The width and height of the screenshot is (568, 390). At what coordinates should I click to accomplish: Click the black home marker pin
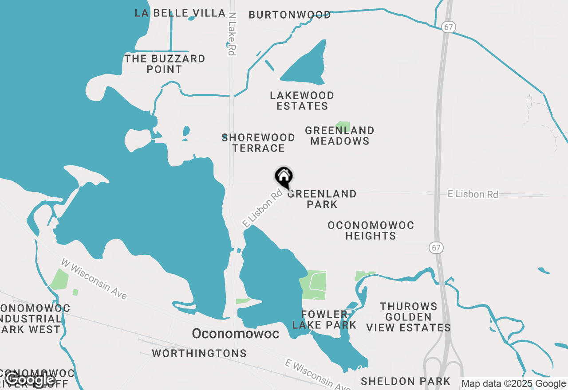(x=284, y=177)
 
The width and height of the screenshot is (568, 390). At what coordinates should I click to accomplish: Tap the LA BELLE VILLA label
(x=180, y=13)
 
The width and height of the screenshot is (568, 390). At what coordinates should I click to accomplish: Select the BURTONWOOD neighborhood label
(x=289, y=15)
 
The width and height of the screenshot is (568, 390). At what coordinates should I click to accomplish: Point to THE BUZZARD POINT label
(x=165, y=64)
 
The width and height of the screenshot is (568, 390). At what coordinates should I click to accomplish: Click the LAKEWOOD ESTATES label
(x=302, y=101)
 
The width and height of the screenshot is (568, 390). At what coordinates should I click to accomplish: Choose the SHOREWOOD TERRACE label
(x=258, y=143)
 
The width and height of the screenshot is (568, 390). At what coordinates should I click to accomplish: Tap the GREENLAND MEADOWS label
(x=339, y=136)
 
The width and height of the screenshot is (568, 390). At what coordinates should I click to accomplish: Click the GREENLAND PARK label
(x=322, y=199)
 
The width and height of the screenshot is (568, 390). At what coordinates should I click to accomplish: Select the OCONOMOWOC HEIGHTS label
(x=371, y=230)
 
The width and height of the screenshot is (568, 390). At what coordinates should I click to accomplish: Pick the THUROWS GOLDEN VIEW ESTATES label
(x=408, y=317)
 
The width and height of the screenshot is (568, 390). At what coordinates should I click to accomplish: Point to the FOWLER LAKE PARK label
(x=324, y=320)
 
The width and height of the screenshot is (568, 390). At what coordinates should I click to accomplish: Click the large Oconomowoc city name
(x=236, y=334)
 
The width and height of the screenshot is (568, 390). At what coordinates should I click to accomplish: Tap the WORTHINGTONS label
(x=199, y=353)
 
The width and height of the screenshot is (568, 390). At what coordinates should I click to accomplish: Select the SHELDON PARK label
(x=405, y=381)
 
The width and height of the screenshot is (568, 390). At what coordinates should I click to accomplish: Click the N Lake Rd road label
(x=231, y=34)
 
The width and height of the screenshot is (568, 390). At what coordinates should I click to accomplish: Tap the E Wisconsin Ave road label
(x=318, y=374)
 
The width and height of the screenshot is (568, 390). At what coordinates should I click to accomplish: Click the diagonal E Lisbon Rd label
(x=262, y=208)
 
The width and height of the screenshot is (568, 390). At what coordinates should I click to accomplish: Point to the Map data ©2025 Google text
(x=514, y=384)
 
